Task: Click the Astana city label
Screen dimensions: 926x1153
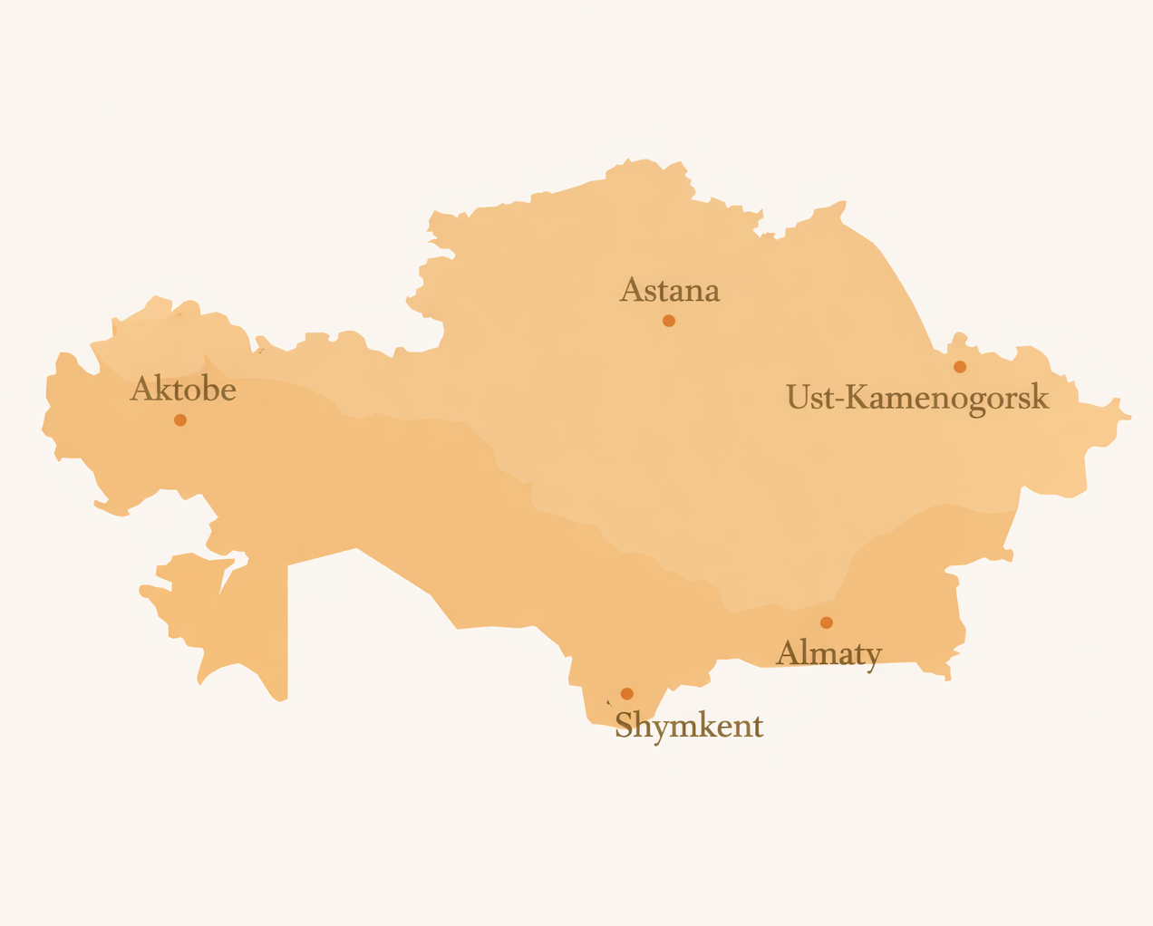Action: pos(670,291)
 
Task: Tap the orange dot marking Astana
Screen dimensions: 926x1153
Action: pos(669,321)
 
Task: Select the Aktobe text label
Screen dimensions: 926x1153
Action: pos(183,390)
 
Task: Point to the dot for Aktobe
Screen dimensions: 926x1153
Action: pos(180,420)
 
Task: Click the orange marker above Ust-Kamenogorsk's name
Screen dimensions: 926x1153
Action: pos(960,367)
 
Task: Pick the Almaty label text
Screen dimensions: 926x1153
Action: pos(828,652)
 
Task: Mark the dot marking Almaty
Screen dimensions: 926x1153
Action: pos(827,622)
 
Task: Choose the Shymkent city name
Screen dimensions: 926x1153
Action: pos(689,726)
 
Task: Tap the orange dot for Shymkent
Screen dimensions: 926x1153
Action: pos(627,694)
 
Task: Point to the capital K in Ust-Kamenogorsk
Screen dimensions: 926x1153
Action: pos(857,397)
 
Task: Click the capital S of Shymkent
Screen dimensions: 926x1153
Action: pos(625,726)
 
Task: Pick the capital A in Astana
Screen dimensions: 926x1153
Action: pos(632,291)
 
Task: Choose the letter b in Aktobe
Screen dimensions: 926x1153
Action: pos(208,389)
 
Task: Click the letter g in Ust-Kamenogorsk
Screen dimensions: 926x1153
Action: pos(977,403)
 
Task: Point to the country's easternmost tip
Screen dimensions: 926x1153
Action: pos(1129,417)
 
